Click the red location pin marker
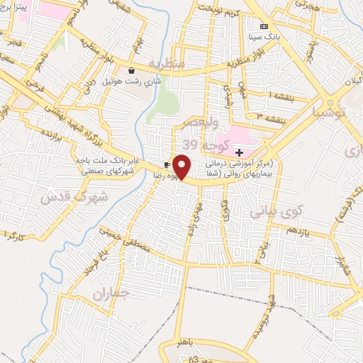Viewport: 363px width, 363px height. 182,167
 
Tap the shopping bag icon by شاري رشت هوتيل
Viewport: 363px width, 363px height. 131,70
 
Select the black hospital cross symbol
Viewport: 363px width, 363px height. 239,152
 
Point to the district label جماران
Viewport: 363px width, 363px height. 111,292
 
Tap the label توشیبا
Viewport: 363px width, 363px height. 331,111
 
